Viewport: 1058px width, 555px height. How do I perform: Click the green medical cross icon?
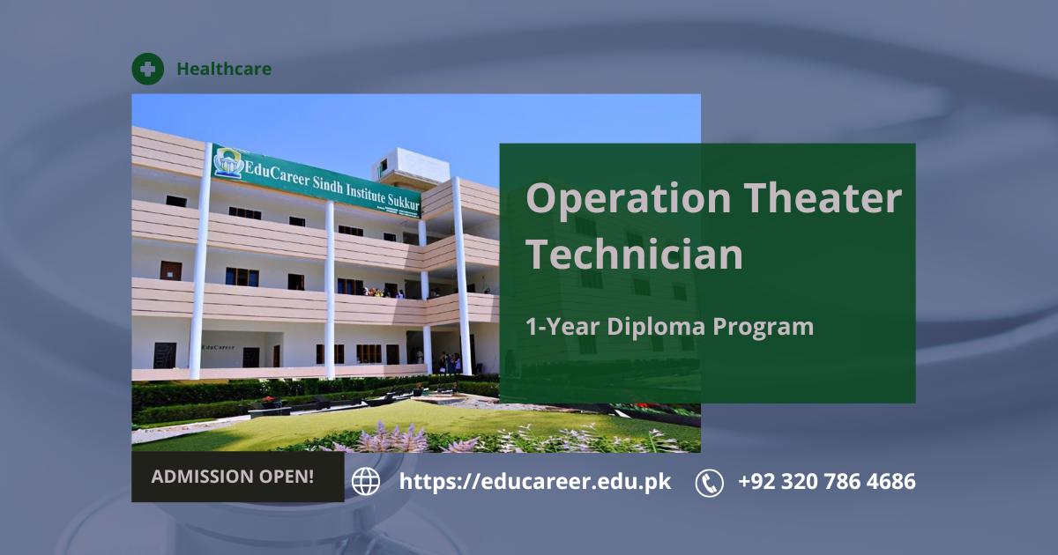(x=148, y=69)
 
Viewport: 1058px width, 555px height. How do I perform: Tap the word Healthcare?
(x=224, y=69)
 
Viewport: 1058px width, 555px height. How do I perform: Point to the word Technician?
(x=634, y=255)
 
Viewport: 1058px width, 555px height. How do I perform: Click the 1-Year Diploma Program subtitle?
(x=670, y=326)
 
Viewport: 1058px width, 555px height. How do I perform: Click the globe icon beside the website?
(x=366, y=482)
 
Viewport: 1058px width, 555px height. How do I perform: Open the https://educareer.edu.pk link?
(x=535, y=482)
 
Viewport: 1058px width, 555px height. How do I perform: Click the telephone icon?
(x=709, y=483)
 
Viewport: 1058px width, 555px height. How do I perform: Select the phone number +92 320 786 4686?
(x=827, y=482)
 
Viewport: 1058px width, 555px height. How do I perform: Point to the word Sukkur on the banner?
(x=404, y=202)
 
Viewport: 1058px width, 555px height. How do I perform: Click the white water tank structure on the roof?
(x=413, y=166)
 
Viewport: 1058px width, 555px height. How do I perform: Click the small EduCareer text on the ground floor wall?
(x=219, y=347)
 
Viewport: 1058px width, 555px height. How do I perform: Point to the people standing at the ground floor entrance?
(x=449, y=362)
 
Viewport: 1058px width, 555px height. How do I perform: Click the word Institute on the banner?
(x=365, y=193)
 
